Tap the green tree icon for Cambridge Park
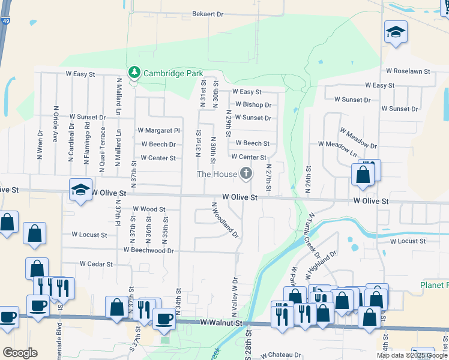point(134,73)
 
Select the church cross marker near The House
point(246,174)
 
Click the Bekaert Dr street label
point(208,14)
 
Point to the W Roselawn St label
point(408,71)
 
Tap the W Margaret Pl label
point(158,130)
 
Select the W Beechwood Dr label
point(148,250)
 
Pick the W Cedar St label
point(96,264)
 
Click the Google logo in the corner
point(20,353)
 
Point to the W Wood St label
point(149,209)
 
